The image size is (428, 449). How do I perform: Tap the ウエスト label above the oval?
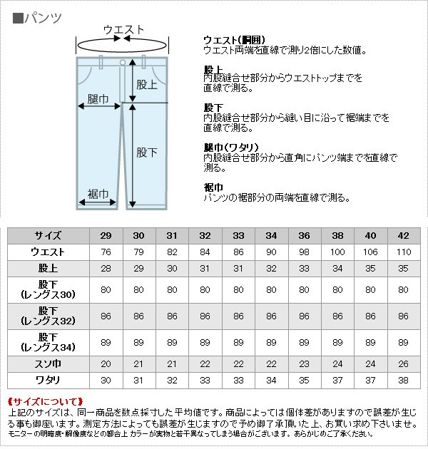coord(123,30)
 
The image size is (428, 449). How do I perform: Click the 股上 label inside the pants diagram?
coord(147,85)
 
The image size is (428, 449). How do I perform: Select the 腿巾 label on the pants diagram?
coord(98,99)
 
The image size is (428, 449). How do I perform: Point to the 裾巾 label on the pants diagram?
coord(98,194)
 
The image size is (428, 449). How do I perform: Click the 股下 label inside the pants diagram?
coord(147,153)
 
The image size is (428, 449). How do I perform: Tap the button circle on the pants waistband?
coord(123,63)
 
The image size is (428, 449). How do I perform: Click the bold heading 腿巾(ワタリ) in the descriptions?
coord(231,148)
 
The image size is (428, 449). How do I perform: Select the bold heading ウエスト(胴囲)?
coord(234,40)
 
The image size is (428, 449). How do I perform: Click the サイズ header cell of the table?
coord(49,236)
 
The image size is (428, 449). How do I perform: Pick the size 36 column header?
coord(305,236)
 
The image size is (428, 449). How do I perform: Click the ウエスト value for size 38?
coord(337,252)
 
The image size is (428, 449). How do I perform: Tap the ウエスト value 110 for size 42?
coord(404,252)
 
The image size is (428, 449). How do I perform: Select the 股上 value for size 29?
coord(106,268)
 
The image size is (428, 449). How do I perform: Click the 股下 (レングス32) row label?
coord(49,316)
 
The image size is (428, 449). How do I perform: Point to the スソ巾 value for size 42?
coord(403,364)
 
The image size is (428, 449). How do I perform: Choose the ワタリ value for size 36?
coord(304,381)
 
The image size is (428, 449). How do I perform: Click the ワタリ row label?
coord(48,381)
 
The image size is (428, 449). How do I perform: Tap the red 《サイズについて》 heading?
coord(45,402)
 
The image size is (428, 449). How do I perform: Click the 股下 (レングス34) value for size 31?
coord(172,343)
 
